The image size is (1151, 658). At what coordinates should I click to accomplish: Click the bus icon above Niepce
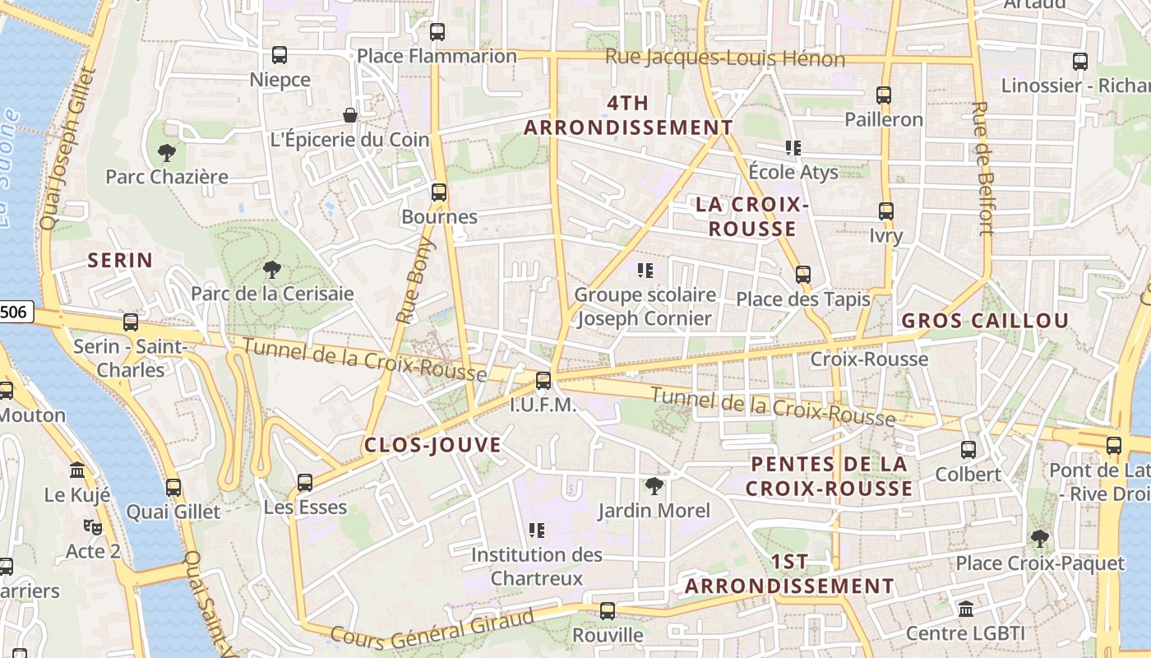click(x=280, y=55)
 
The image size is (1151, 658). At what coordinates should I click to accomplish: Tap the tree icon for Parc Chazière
click(x=166, y=152)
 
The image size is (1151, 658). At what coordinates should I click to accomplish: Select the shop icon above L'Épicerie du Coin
click(x=350, y=115)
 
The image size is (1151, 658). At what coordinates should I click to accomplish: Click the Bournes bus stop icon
click(x=439, y=192)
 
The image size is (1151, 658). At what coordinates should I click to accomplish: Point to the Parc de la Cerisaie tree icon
click(x=272, y=269)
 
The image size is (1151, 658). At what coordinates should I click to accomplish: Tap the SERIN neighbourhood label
click(x=120, y=261)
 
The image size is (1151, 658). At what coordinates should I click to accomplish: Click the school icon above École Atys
click(x=793, y=148)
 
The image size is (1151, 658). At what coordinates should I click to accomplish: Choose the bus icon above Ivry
click(x=885, y=211)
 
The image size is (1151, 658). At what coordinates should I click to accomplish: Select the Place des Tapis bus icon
click(x=803, y=275)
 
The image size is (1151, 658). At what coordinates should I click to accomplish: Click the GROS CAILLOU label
click(x=985, y=321)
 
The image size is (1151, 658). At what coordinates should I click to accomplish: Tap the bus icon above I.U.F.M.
click(x=543, y=381)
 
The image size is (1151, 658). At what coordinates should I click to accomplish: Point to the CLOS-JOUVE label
click(x=432, y=445)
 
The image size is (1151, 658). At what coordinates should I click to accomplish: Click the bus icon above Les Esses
click(x=305, y=483)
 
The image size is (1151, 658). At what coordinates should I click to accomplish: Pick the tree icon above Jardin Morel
click(x=654, y=486)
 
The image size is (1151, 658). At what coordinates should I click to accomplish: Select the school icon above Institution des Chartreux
click(x=537, y=531)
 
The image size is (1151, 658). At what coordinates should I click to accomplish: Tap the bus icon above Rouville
click(x=608, y=611)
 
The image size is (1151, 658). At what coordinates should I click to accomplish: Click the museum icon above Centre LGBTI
click(x=966, y=609)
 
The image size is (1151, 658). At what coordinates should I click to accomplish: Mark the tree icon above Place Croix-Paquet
click(x=1039, y=539)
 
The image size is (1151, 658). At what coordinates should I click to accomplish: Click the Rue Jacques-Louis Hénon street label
click(x=725, y=58)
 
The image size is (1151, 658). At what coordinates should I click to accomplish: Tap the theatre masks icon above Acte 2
click(x=92, y=526)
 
